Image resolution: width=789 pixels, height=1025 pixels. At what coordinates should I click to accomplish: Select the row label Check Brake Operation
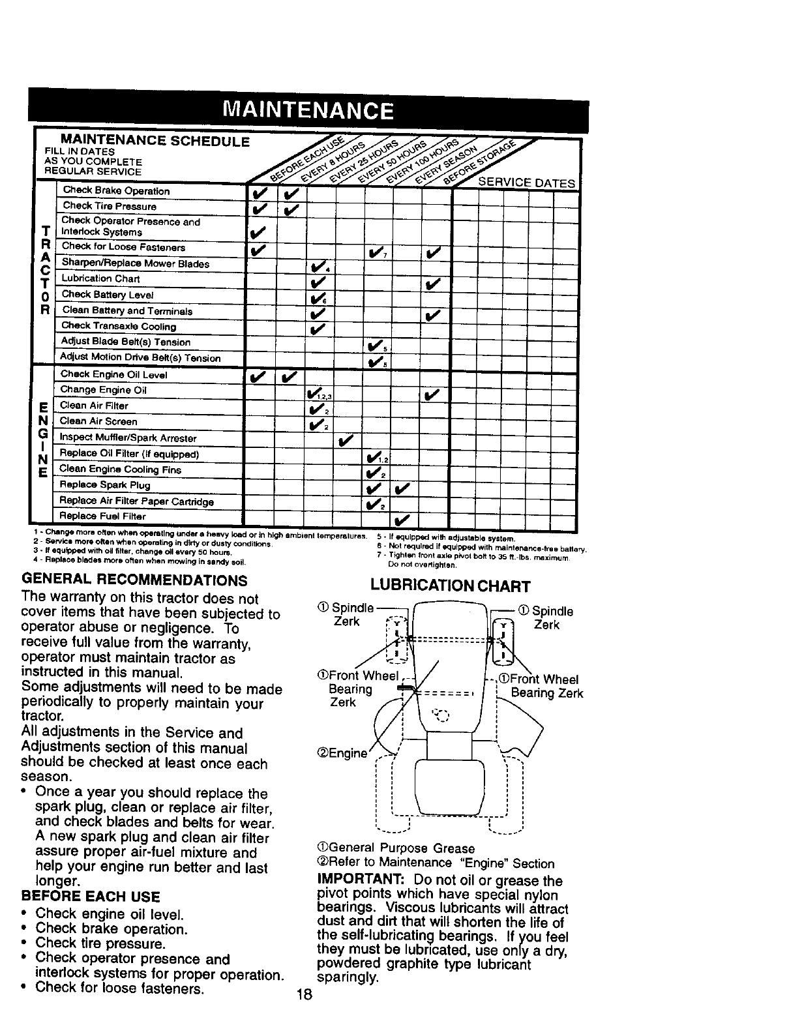[x=116, y=191]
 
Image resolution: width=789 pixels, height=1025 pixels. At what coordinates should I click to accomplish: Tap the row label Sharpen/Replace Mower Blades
[x=135, y=263]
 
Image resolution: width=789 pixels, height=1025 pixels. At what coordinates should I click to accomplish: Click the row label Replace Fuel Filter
[x=102, y=516]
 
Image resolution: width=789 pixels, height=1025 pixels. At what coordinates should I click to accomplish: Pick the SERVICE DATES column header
[x=528, y=183]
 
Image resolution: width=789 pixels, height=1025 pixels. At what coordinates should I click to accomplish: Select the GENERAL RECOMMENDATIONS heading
[x=134, y=580]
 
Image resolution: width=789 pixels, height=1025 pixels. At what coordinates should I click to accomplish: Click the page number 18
[x=304, y=995]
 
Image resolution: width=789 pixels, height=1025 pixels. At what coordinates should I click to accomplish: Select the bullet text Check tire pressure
[x=100, y=943]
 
